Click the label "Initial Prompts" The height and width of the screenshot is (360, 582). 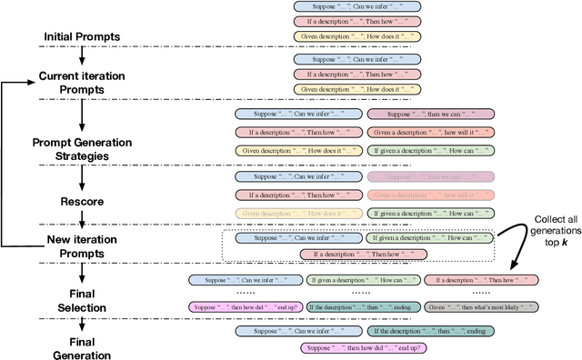pos(81,36)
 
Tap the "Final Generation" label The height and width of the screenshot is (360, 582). pos(81,347)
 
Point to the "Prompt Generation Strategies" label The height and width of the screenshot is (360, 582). pos(81,148)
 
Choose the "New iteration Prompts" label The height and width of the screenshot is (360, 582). pos(81,246)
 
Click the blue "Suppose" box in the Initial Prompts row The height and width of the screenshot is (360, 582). pos(357,6)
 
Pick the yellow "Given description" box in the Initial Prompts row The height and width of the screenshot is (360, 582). pos(357,37)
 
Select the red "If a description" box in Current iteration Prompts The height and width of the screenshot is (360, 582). pos(357,75)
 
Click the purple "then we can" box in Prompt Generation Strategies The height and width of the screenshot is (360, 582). pos(430,115)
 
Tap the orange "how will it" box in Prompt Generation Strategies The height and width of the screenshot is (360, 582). pos(430,132)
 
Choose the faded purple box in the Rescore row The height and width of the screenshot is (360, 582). pos(430,176)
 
